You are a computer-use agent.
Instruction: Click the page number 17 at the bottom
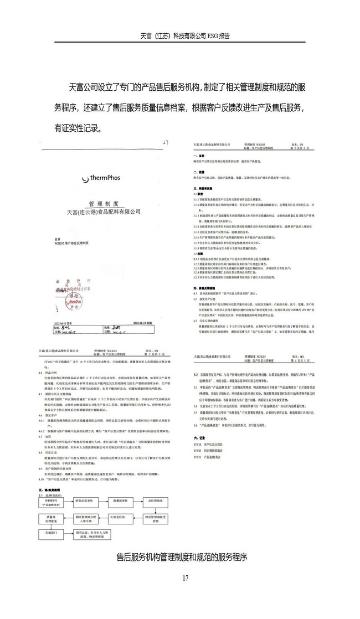pyautogui.click(x=185, y=578)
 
